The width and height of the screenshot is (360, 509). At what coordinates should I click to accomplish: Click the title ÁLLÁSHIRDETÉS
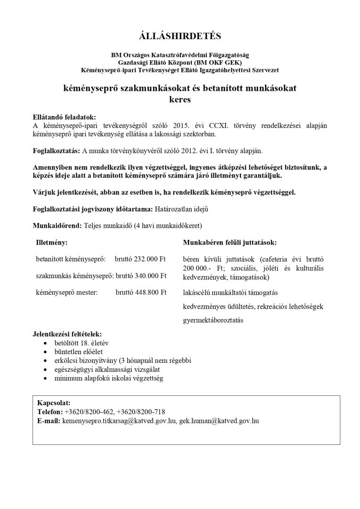click(x=180, y=36)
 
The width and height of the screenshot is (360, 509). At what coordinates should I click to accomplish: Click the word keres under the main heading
click(x=180, y=99)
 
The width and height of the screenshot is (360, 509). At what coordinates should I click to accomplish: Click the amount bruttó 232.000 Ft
click(x=141, y=259)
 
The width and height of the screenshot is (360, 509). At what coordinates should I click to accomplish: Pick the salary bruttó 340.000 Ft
click(x=141, y=275)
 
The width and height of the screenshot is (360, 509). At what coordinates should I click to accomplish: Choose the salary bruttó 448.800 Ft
click(x=141, y=292)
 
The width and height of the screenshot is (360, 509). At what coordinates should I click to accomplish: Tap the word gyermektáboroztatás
click(x=213, y=320)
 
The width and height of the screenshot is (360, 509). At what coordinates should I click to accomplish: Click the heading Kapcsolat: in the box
click(x=54, y=403)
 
